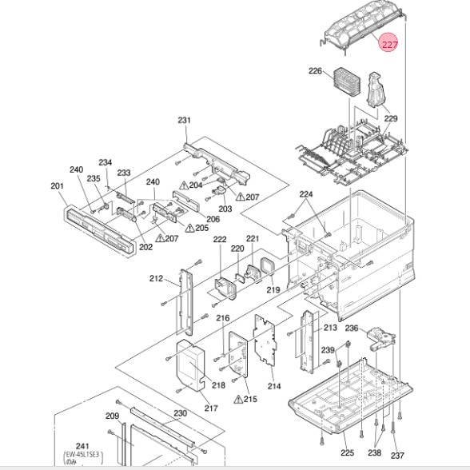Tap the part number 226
click(x=315, y=70)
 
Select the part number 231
click(x=185, y=120)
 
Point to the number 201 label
click(x=57, y=185)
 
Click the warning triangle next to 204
click(x=184, y=185)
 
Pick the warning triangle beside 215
click(x=238, y=400)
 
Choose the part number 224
click(x=306, y=194)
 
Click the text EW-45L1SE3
click(x=82, y=455)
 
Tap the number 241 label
click(x=82, y=446)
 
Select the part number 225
click(x=347, y=452)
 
